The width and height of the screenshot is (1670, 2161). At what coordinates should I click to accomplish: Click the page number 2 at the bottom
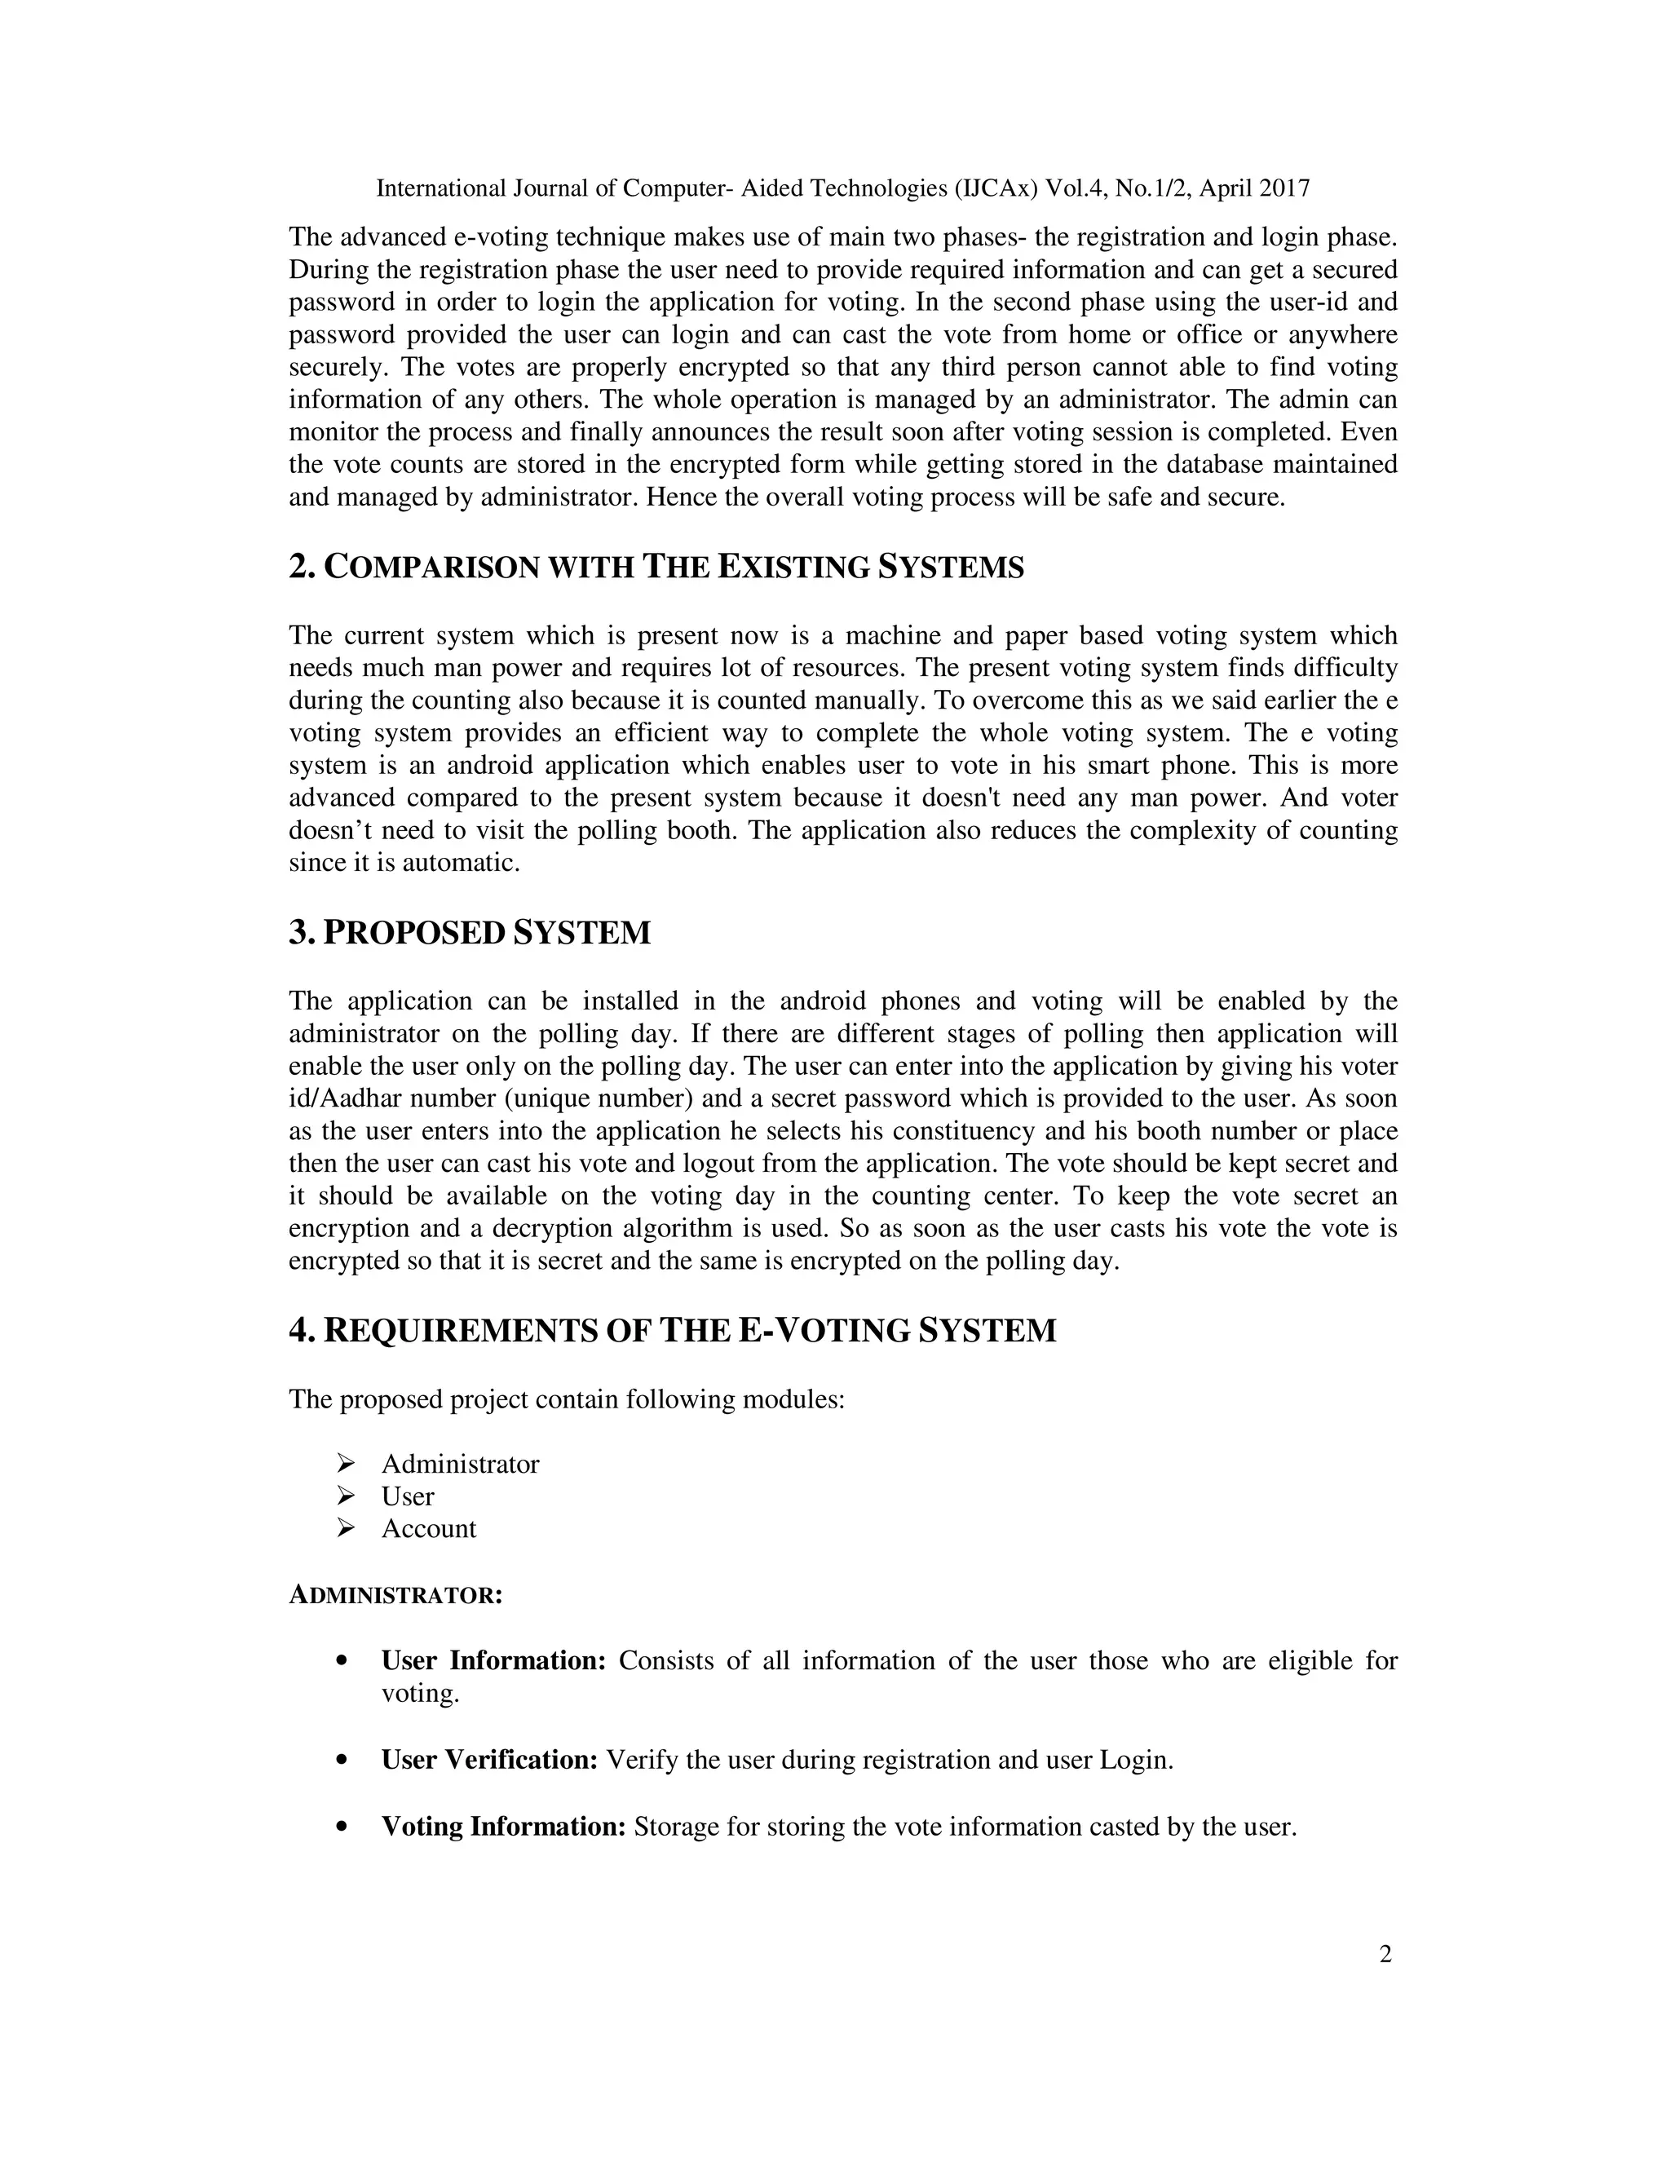[1385, 1954]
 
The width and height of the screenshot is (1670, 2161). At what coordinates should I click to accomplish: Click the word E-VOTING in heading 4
[825, 1331]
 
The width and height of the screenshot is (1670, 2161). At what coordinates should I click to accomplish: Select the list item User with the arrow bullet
[408, 1496]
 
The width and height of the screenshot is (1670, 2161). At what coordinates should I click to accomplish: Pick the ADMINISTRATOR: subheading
[395, 1596]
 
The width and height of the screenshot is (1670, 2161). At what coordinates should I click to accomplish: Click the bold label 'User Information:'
[493, 1660]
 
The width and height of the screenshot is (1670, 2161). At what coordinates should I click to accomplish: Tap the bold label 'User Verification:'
[488, 1761]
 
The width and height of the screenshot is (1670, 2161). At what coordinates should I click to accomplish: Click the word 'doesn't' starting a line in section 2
[328, 830]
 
